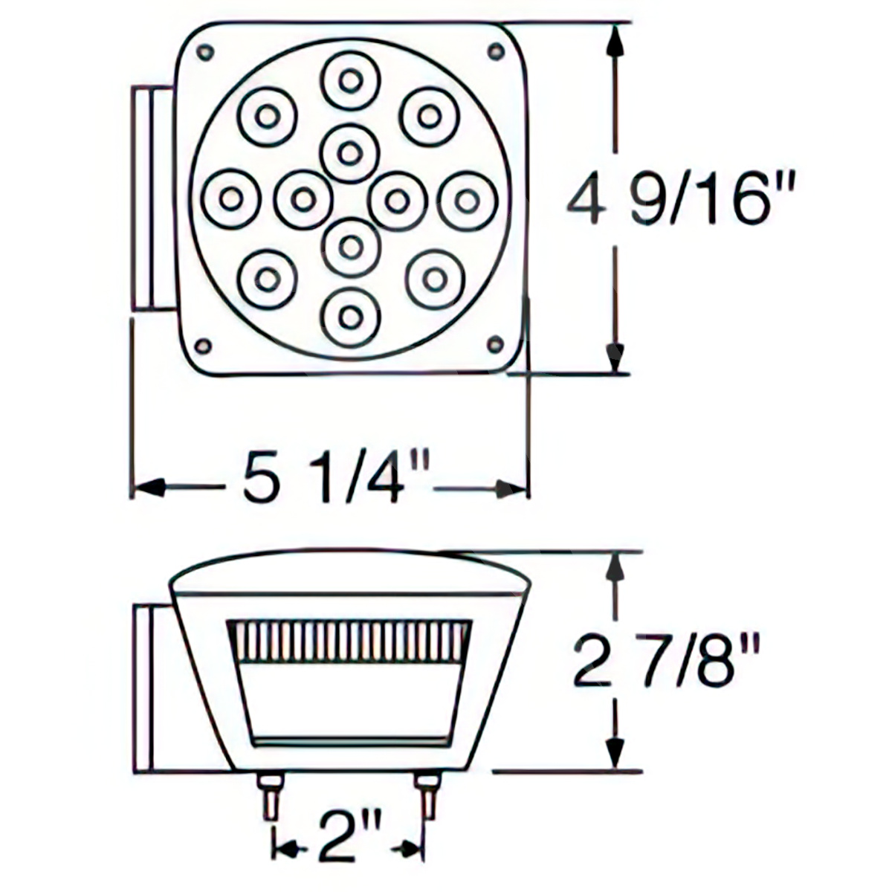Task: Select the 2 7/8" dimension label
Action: click(x=667, y=662)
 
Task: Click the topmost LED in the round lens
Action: click(x=350, y=80)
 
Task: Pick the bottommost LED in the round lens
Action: click(x=350, y=317)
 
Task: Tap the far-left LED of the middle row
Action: click(x=231, y=199)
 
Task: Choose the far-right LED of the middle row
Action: click(x=467, y=200)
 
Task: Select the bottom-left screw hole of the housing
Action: click(x=202, y=345)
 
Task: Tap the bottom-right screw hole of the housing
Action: click(x=494, y=342)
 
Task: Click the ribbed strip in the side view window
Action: click(x=348, y=641)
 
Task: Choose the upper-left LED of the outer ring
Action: click(x=268, y=116)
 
